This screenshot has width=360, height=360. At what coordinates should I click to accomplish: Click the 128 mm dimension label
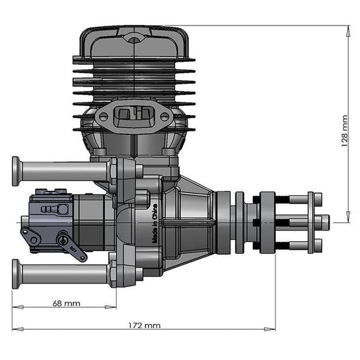pos(344,131)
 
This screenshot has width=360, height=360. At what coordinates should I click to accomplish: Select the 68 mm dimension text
pos(66,304)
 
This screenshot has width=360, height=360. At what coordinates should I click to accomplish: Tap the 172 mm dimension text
pos(144,325)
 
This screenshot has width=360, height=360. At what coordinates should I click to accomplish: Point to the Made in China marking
pos(153,223)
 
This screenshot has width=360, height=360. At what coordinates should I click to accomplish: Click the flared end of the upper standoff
pos(16,171)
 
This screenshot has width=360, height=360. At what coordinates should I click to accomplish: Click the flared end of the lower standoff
pos(16,274)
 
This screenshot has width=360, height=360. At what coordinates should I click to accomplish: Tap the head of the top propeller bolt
pos(318,199)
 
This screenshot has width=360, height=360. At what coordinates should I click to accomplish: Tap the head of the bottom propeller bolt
pos(318,246)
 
